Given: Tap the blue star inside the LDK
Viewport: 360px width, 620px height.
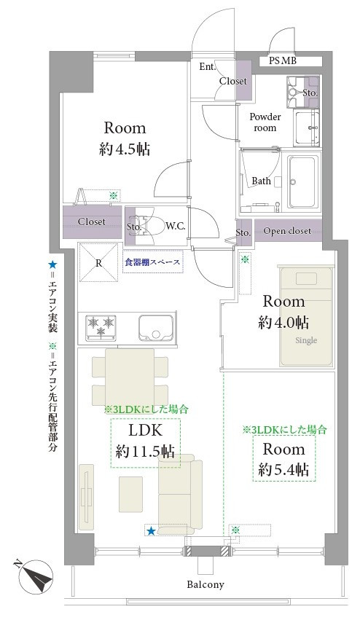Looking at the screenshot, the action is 151,531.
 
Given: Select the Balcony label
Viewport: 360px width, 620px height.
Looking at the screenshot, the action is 206,584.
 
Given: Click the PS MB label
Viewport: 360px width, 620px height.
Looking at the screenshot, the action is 283,61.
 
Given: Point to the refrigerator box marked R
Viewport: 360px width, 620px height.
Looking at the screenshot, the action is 99,263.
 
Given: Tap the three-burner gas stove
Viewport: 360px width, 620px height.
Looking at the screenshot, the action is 101,327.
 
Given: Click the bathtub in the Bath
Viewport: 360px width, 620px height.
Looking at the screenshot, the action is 304,182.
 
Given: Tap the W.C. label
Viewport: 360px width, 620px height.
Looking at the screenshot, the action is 175,226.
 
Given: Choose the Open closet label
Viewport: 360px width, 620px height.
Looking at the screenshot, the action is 287,231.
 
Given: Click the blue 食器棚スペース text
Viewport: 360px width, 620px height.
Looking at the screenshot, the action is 153,262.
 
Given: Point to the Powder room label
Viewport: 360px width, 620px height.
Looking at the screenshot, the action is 265,122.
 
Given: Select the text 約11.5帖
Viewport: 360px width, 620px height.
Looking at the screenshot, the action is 145,451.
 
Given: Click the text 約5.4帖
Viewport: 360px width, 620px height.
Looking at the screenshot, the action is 283,469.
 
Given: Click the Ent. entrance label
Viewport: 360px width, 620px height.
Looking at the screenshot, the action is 207,67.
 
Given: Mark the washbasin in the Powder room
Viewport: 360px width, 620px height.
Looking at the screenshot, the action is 307,127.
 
